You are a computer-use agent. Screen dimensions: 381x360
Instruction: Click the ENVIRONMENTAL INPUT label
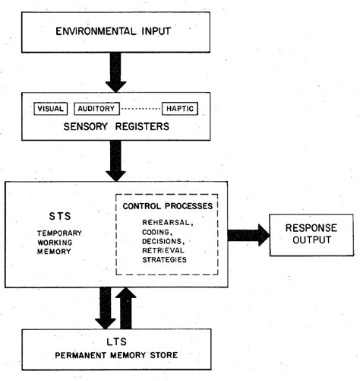tap(115, 33)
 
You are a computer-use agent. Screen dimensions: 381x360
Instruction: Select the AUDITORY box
tap(97, 109)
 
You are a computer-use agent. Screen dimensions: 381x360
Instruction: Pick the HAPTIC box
tap(181, 109)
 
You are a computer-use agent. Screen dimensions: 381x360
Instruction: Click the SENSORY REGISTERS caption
tap(115, 127)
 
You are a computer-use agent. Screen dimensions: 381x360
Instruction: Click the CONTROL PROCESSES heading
tap(164, 206)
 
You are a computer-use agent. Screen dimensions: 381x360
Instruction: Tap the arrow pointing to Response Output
tap(248, 235)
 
